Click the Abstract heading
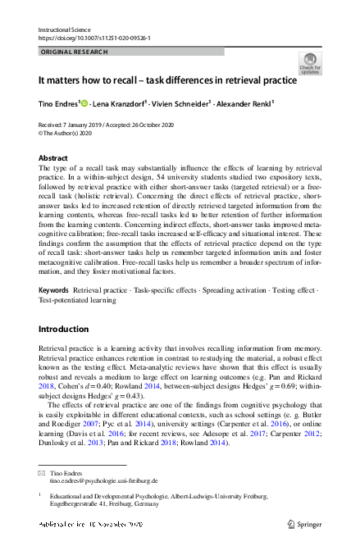[54, 157]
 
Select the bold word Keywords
[55, 291]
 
